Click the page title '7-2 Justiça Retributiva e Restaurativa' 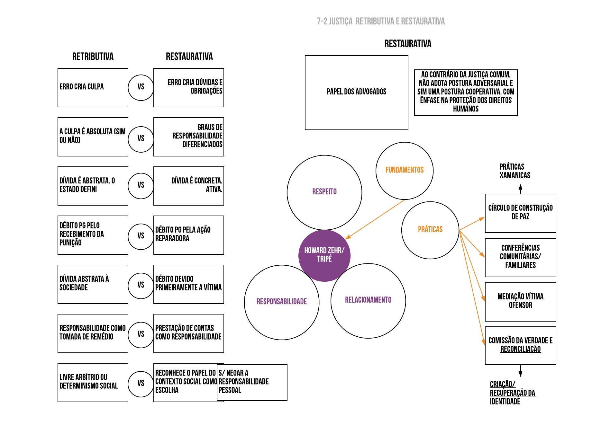[x=380, y=22]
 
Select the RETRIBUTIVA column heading [x=93, y=57]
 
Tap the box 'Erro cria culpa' [x=93, y=87]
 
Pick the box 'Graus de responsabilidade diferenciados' [x=189, y=137]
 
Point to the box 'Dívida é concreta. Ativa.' [x=189, y=186]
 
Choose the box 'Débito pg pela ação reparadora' [x=189, y=235]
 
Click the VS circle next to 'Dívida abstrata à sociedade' [x=141, y=285]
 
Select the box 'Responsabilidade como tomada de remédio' [x=93, y=333]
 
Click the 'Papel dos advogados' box [x=356, y=93]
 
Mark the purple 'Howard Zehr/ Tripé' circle [x=324, y=255]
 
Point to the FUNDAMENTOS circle [x=404, y=170]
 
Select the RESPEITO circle [x=324, y=192]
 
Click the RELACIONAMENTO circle [x=368, y=300]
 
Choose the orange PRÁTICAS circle [x=430, y=230]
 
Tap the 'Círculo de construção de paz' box [x=520, y=213]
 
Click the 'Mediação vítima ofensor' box [x=520, y=301]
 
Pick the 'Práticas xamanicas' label [x=514, y=171]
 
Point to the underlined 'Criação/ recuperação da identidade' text [x=512, y=393]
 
